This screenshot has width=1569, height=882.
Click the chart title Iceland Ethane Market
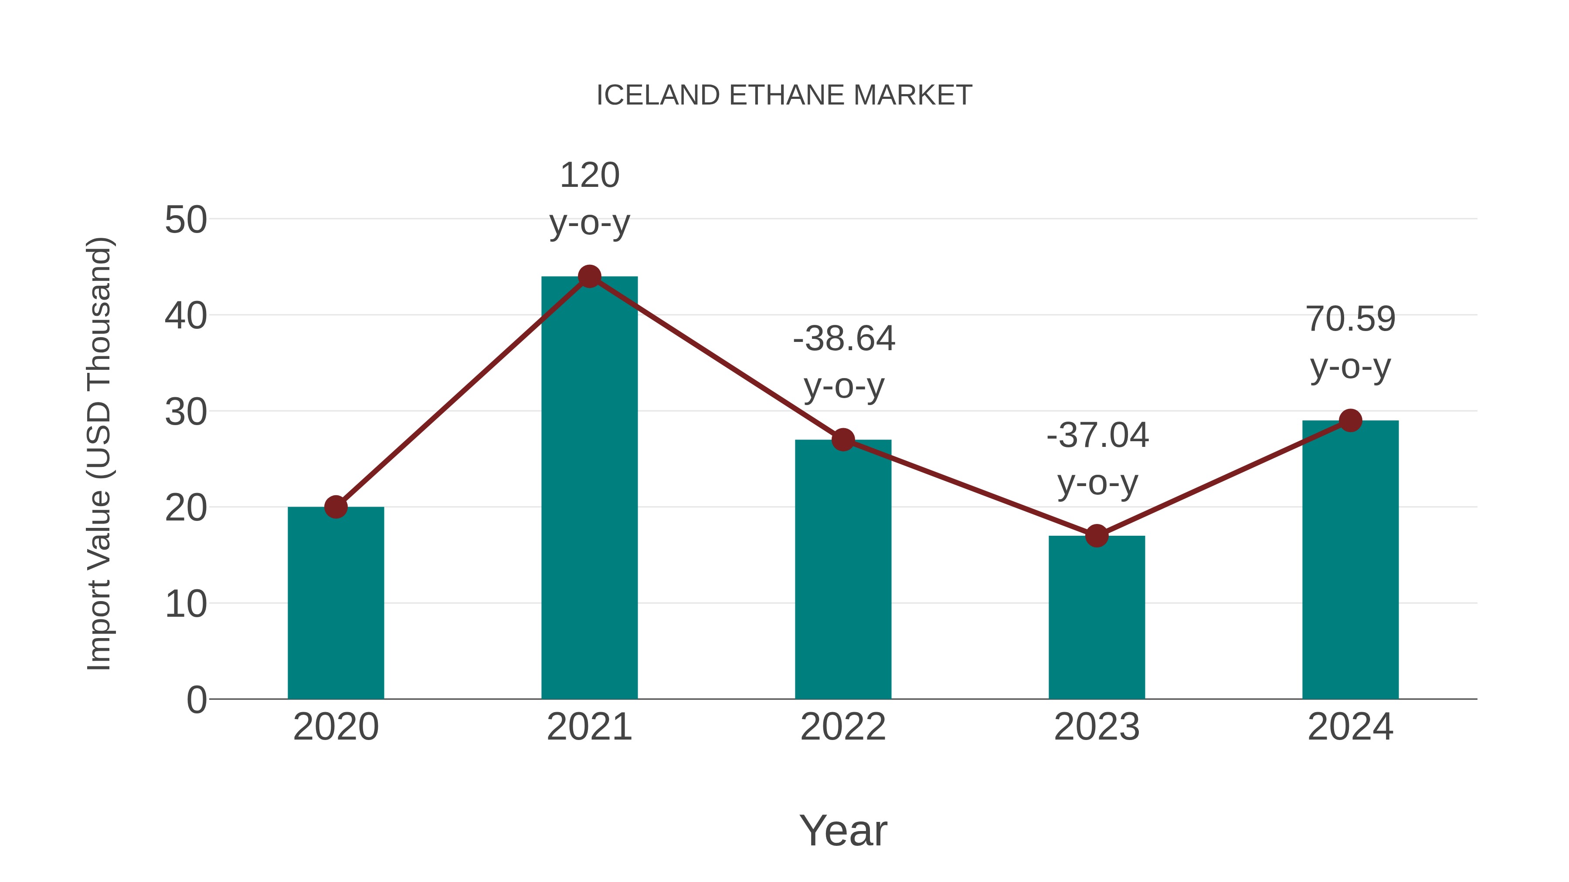click(784, 95)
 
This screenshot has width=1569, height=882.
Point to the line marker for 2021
click(589, 277)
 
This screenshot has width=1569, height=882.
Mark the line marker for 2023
click(1097, 536)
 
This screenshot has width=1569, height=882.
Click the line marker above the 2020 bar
click(336, 507)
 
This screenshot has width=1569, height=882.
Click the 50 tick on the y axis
click(186, 220)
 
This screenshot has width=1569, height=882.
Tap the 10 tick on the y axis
click(186, 605)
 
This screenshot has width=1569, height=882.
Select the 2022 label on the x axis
click(843, 727)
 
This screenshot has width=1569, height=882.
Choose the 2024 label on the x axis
click(1350, 727)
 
